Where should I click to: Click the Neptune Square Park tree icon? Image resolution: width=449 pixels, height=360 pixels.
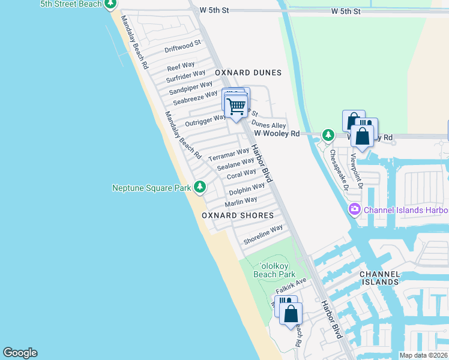[x=200, y=188]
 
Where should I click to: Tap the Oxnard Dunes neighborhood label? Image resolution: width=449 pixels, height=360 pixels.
[x=249, y=73]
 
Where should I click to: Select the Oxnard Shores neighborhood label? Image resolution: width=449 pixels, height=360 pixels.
[x=238, y=215]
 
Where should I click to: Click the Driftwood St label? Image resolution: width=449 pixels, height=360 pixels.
[x=182, y=46]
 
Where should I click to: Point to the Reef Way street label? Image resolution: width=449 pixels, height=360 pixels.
[x=181, y=66]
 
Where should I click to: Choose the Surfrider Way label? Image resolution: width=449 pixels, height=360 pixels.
[x=186, y=77]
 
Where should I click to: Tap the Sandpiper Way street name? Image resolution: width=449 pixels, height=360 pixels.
[x=191, y=88]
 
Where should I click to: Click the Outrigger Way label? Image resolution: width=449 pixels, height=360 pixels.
[x=206, y=120]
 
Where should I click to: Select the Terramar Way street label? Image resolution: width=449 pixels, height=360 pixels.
[x=228, y=154]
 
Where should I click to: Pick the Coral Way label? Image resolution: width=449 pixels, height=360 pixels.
[x=242, y=175]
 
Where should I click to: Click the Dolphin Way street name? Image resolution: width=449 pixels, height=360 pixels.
[x=247, y=190]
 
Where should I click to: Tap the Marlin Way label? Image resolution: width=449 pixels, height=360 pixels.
[x=241, y=201]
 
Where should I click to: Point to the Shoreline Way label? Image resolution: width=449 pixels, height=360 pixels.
[x=263, y=235]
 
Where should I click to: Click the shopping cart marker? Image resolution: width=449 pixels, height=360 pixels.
[x=237, y=107]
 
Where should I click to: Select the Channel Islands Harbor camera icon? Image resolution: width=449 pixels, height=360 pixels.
[x=354, y=209]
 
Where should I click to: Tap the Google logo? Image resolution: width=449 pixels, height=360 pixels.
[x=20, y=353]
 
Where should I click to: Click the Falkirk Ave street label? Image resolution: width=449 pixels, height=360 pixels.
[x=291, y=285]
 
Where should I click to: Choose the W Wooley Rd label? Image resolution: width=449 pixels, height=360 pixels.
[x=277, y=134]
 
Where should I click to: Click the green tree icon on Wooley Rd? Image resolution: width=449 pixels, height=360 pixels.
[x=328, y=134]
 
